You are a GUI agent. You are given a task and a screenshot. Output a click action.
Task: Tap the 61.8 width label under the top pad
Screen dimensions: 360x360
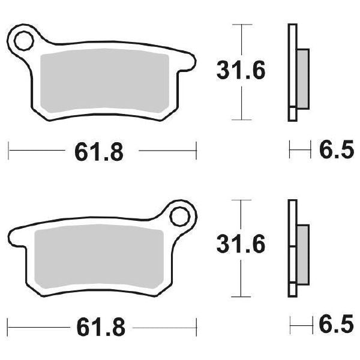click(x=100, y=152)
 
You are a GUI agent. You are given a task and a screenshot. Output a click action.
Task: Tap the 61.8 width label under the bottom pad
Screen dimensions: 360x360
click(x=100, y=328)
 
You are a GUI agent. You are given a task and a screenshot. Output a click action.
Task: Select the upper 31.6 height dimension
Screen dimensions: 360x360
click(x=240, y=71)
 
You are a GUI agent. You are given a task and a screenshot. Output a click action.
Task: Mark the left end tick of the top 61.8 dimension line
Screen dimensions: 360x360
click(x=8, y=151)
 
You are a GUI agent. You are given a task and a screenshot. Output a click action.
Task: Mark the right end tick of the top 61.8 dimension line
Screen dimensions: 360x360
click(x=196, y=151)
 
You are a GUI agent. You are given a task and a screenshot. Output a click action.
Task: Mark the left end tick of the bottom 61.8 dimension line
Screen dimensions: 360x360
click(x=8, y=326)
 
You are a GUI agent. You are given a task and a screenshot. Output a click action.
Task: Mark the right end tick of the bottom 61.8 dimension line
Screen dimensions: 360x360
click(x=196, y=326)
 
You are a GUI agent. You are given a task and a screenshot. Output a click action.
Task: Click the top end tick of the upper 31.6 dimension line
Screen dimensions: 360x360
click(x=241, y=25)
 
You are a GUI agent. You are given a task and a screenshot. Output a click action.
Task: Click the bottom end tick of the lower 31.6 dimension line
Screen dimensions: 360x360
click(x=241, y=296)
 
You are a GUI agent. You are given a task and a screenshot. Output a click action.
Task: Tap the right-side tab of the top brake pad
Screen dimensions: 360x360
click(x=191, y=62)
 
